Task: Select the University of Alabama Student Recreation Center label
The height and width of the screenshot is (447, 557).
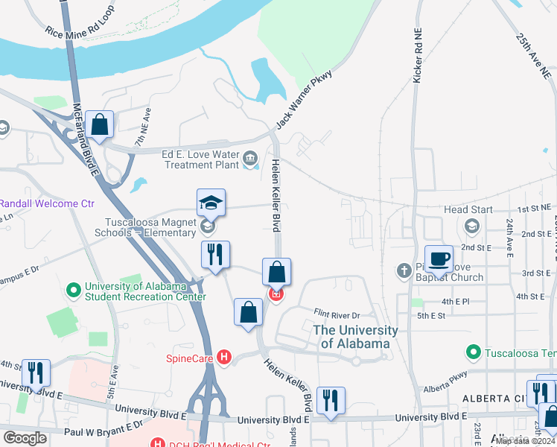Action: point(145,291)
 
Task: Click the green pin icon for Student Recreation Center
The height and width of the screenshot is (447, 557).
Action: point(74,289)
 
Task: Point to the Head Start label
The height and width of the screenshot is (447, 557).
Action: point(468,209)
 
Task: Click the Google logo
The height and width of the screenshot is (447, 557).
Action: point(25,438)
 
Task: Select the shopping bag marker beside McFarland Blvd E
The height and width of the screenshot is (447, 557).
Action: point(99,125)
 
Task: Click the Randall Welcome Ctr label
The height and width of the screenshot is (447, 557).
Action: point(48,203)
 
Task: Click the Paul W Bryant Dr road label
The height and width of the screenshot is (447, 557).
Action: point(104,428)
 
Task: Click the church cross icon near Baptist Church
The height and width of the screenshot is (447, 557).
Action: point(404,270)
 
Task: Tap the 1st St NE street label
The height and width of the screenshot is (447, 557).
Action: point(535,210)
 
